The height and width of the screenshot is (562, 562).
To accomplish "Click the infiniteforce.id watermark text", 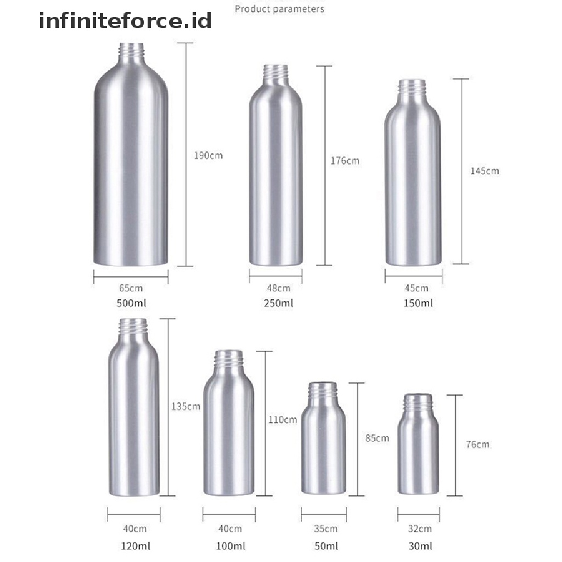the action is pos(125,20).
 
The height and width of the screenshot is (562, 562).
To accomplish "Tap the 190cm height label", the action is pos(208,155).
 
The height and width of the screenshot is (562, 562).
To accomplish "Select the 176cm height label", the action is pos(345,161).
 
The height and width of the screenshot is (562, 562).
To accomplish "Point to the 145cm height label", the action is pos(485,171).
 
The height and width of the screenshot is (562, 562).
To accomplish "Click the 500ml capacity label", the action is pos(131,303).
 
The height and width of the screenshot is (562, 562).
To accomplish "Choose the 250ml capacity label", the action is pos(278,303).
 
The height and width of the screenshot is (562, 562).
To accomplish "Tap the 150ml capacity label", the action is pos(418,303).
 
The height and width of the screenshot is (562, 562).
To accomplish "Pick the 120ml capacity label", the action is pos(136,546).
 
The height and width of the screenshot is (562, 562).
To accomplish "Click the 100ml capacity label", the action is pos(231,546).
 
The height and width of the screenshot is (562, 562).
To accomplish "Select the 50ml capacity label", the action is pos(326,546).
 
